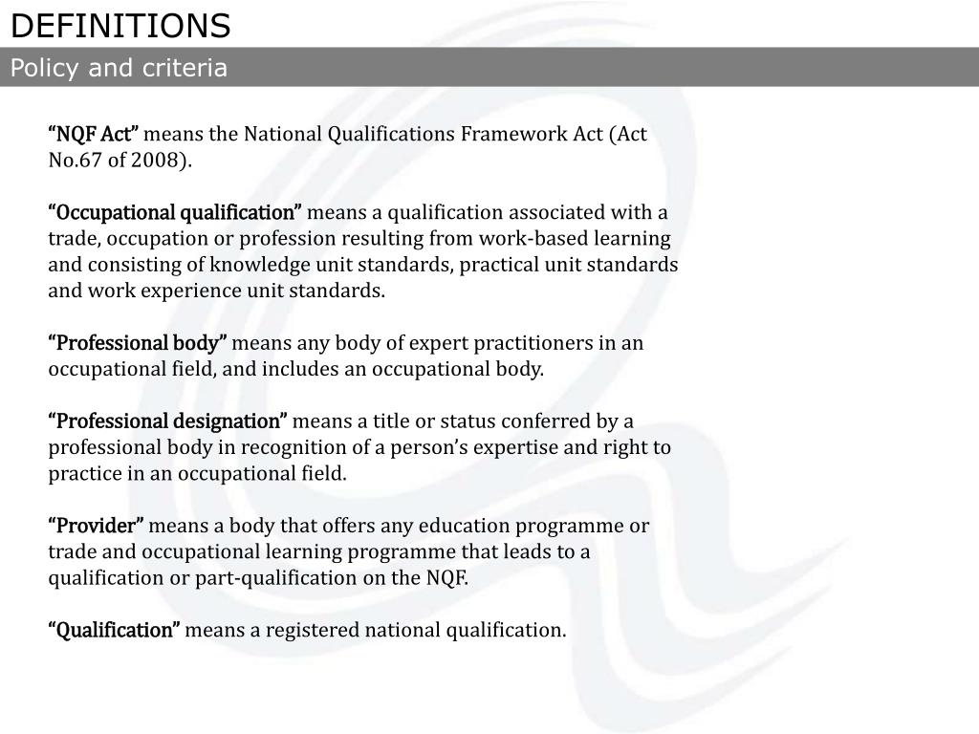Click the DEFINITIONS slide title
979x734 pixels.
pos(120,26)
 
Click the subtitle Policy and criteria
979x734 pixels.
pos(119,68)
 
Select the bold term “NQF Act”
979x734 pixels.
pos(94,134)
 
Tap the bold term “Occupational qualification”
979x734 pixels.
pos(175,212)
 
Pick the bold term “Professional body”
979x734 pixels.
pos(138,343)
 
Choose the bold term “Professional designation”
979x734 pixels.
pos(168,421)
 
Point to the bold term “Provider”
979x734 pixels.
pos(97,526)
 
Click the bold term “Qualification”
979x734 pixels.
pos(115,631)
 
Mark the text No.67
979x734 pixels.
pos(75,160)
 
